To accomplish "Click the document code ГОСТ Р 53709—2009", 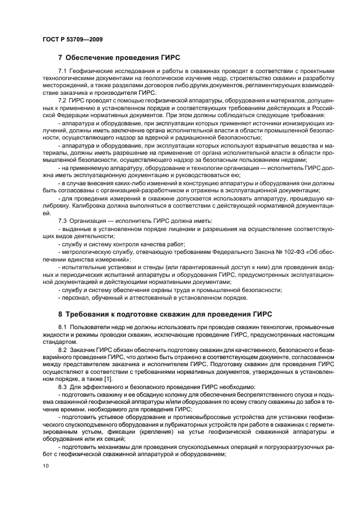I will (72, 40).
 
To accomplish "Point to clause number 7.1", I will (63, 72).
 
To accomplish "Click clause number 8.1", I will (63, 326).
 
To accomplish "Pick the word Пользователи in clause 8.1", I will (90, 326).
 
